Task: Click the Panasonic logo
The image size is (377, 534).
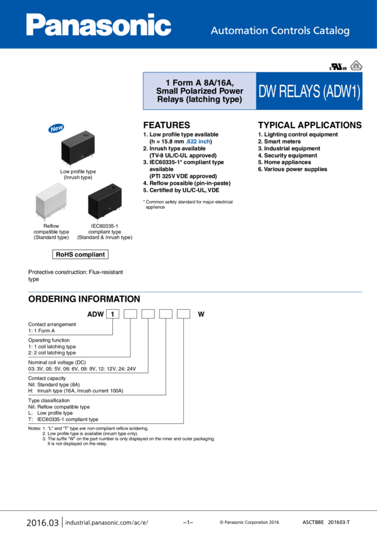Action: point(98,26)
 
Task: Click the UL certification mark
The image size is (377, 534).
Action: point(338,67)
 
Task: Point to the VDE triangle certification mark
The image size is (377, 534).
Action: point(356,65)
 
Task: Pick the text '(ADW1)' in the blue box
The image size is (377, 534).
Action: point(341,92)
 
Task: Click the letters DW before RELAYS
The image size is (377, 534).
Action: point(267,92)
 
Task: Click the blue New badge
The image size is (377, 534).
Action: point(56,128)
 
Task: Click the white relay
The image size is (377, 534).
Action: point(50,200)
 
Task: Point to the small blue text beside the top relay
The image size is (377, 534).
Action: point(198,142)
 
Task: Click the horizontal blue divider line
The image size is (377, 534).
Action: point(195,292)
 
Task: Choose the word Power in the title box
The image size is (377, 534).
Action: point(231,91)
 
